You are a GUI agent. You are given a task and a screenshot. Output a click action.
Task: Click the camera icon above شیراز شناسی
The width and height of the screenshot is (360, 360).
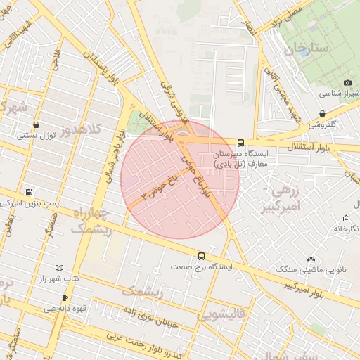tap(347, 83)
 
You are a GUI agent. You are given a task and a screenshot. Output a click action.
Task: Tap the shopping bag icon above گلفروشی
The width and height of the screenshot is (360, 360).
tap(322, 113)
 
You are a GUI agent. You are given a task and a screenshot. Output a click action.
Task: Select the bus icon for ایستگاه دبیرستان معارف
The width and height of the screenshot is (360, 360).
tap(241, 142)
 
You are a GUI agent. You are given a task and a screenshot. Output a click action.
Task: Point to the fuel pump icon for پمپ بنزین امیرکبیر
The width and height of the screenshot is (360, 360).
tap(28, 192)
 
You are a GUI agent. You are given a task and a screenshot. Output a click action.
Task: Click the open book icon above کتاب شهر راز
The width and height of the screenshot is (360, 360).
tap(59, 268)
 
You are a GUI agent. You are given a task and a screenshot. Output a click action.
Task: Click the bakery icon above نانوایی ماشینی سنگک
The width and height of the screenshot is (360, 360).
tap(311, 259)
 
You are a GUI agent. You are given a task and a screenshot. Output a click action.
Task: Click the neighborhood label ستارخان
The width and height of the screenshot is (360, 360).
tap(307, 49)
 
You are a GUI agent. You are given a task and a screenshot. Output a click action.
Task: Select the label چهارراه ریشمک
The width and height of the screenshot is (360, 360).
tap(89, 219)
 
